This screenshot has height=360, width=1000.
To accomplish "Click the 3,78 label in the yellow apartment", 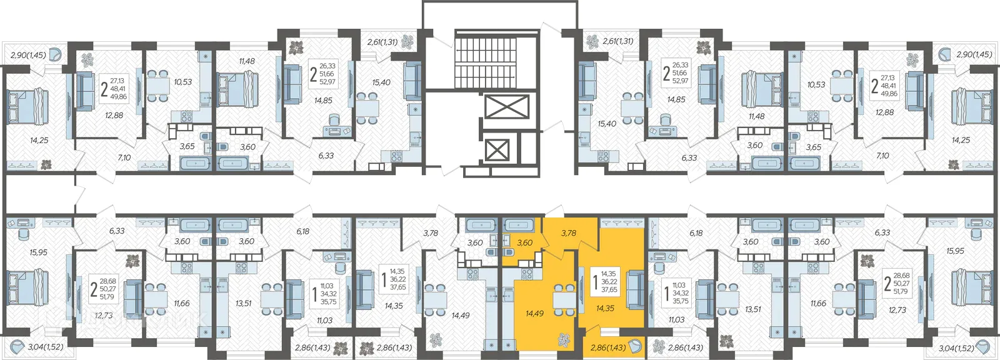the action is click(x=568, y=232).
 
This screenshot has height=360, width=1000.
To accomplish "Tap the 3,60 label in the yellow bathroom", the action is click(x=524, y=242).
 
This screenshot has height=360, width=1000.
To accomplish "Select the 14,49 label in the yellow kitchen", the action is click(x=534, y=314).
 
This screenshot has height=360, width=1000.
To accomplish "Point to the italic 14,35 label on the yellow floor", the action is click(x=606, y=307).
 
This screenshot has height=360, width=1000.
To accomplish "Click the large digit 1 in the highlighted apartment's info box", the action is click(x=594, y=282).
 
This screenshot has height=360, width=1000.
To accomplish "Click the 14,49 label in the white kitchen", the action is click(x=460, y=315).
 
